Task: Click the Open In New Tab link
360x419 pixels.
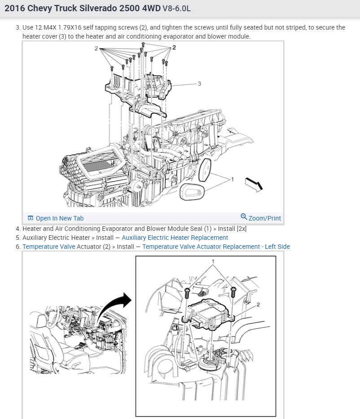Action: pos(56,218)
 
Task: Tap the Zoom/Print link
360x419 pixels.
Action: pos(261,218)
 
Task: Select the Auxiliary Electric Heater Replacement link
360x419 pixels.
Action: pos(175,238)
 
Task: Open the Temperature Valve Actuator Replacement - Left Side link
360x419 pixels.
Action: pos(216,247)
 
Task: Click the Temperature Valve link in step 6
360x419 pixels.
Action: pos(49,247)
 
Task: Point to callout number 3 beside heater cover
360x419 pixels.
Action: pos(199,84)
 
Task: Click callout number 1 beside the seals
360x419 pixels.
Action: pos(233,179)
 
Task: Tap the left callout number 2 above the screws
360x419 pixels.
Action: pos(96,49)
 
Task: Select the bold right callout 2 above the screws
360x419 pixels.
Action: pos(174,48)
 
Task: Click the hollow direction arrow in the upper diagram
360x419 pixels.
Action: pos(254,184)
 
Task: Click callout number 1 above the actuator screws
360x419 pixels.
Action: pos(213,261)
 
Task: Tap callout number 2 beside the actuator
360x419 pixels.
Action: pos(258,304)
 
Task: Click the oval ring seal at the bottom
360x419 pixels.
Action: pos(192,191)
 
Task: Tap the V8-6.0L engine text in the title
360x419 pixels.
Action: pos(176,9)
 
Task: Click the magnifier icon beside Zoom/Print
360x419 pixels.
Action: pos(244,216)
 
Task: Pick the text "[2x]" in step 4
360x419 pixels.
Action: pos(241,229)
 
